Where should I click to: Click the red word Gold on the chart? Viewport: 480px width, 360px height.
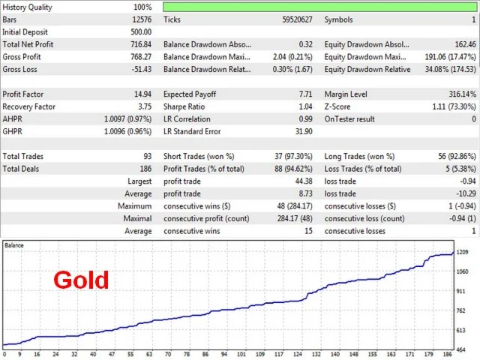pyautogui.click(x=81, y=280)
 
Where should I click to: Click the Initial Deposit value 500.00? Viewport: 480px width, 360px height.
pyautogui.click(x=141, y=31)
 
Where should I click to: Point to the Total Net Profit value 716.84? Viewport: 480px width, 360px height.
pyautogui.click(x=141, y=44)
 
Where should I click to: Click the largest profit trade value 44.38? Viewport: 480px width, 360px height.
pyautogui.click(x=303, y=181)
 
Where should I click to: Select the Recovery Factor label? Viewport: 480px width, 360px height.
pyautogui.click(x=28, y=106)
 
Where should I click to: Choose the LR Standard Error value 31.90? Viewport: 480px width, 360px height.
pyautogui.click(x=303, y=131)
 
